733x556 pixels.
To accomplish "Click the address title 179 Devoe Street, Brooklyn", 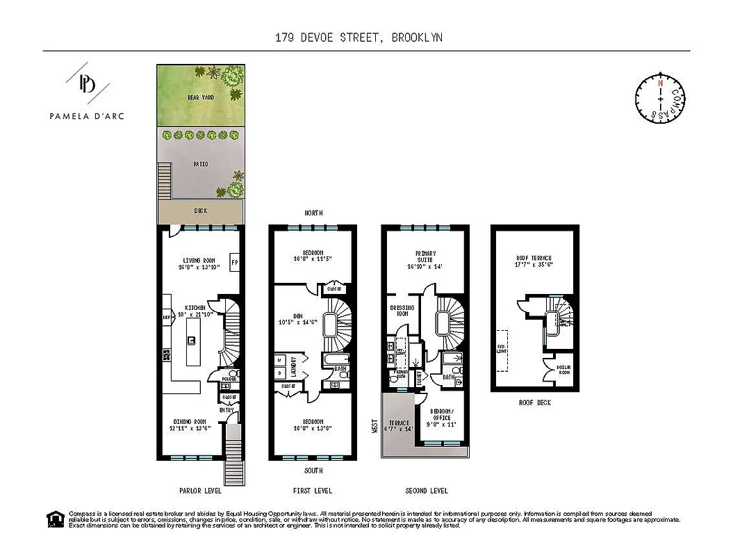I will [x=359, y=38].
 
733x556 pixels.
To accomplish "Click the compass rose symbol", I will [x=660, y=99].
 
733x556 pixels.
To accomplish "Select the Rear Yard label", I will [x=200, y=98].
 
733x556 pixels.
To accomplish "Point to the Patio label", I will [x=200, y=164].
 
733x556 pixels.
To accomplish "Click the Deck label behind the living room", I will [x=200, y=211].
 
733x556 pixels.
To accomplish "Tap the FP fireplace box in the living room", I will [x=234, y=263].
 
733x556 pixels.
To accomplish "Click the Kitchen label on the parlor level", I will [x=195, y=306].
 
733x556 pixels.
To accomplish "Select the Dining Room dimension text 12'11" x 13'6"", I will [x=190, y=429].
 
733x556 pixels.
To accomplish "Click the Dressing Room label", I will [x=402, y=311].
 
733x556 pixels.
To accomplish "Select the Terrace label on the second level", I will [x=399, y=423].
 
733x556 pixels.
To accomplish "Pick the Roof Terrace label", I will [x=534, y=258].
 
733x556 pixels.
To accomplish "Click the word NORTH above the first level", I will [x=312, y=213].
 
